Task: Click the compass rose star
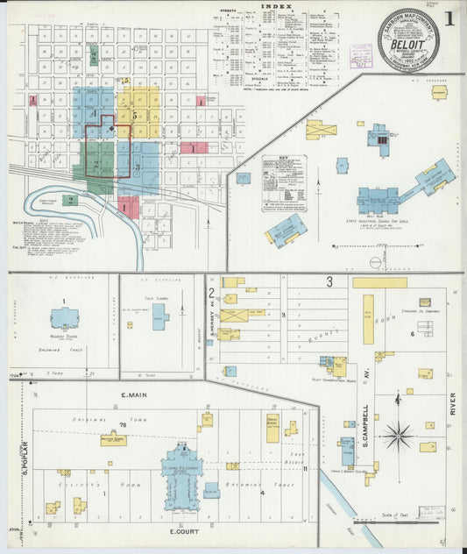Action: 399,434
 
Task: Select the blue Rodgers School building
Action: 64,318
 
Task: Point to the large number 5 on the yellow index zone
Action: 136,115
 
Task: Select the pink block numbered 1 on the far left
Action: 33,99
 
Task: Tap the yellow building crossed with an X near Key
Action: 321,130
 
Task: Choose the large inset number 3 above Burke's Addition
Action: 329,281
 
